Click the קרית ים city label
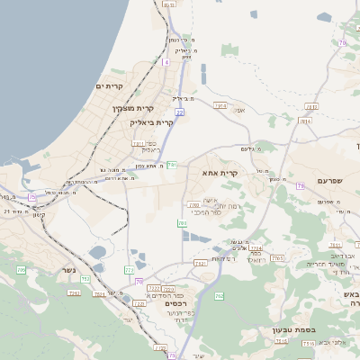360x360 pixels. click(109, 85)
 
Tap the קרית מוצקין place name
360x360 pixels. click(128, 109)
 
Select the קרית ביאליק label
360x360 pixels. click(151, 121)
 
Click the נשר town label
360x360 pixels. click(68, 271)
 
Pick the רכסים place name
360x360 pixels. click(176, 303)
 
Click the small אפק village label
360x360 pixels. click(239, 110)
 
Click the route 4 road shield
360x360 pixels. click(166, 62)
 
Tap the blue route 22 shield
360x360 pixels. click(179, 112)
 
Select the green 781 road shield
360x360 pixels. click(172, 165)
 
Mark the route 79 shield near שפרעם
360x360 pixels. click(300, 184)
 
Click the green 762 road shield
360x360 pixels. click(219, 295)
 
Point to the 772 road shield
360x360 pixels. click(129, 269)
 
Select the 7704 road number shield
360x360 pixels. click(255, 248)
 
